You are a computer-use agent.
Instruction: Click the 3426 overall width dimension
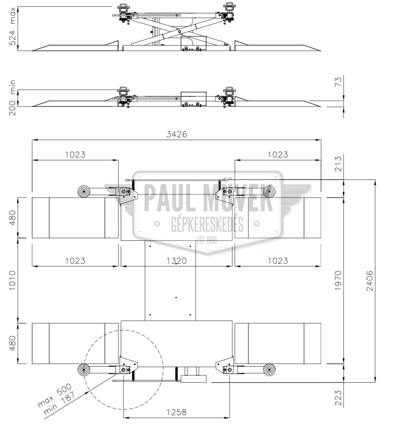click(177, 134)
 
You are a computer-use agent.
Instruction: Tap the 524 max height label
click(12, 27)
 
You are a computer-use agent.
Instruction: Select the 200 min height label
click(12, 98)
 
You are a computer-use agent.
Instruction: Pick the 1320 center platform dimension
click(177, 261)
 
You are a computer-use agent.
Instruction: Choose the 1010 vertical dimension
click(12, 280)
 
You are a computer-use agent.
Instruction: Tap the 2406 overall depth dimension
click(370, 281)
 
